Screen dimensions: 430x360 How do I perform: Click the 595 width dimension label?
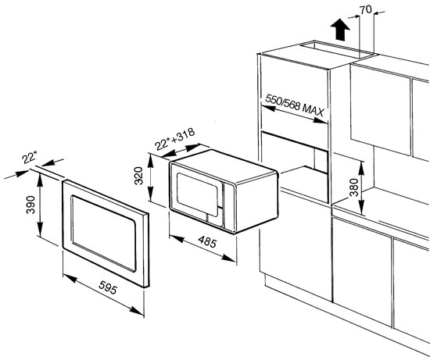coord(108,287)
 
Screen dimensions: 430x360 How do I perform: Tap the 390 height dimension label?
coord(30,205)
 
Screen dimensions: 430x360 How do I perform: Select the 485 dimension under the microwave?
coord(207,241)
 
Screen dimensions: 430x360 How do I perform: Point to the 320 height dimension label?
coord(138,176)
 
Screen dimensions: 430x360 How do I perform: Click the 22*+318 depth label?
coord(174,139)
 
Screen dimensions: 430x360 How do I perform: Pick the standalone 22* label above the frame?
coord(30,158)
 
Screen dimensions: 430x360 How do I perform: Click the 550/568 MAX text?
coord(295,105)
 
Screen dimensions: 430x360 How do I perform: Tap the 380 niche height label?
coord(354,187)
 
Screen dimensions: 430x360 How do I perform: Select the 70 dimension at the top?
coord(366,10)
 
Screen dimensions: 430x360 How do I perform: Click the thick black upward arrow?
coord(340,30)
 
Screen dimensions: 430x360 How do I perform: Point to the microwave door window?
coord(197,194)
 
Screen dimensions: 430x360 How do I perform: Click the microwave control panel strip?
coord(229,205)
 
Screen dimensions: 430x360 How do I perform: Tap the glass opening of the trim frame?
coord(104,233)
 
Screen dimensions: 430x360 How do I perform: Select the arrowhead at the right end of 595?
coord(137,311)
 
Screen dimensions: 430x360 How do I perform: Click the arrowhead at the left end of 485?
coord(177,239)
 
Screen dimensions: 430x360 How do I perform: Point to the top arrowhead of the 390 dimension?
coord(40,180)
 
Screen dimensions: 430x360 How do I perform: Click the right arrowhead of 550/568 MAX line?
coord(321,120)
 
